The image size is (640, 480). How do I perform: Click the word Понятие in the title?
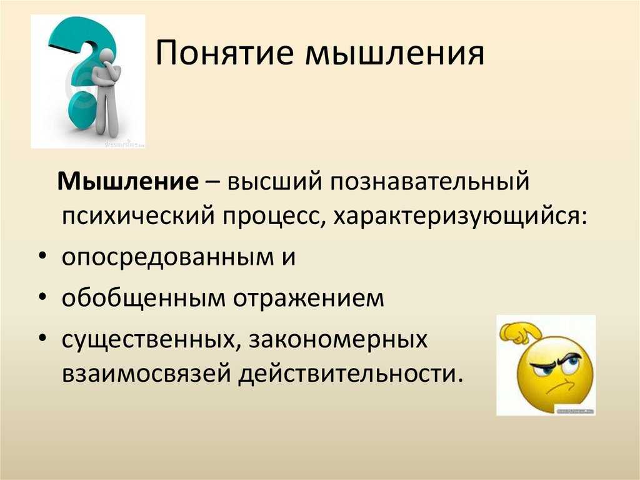coord(224,53)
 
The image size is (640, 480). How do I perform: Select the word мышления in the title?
coord(395,54)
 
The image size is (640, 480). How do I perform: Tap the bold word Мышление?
coord(128,180)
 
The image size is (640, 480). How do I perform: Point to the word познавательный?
coord(429,181)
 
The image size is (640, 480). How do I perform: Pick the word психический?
coord(138,216)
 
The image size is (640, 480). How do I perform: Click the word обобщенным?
coord(144,298)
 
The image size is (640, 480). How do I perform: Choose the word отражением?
coord(309,299)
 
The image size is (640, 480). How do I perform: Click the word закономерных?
coord(338,340)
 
